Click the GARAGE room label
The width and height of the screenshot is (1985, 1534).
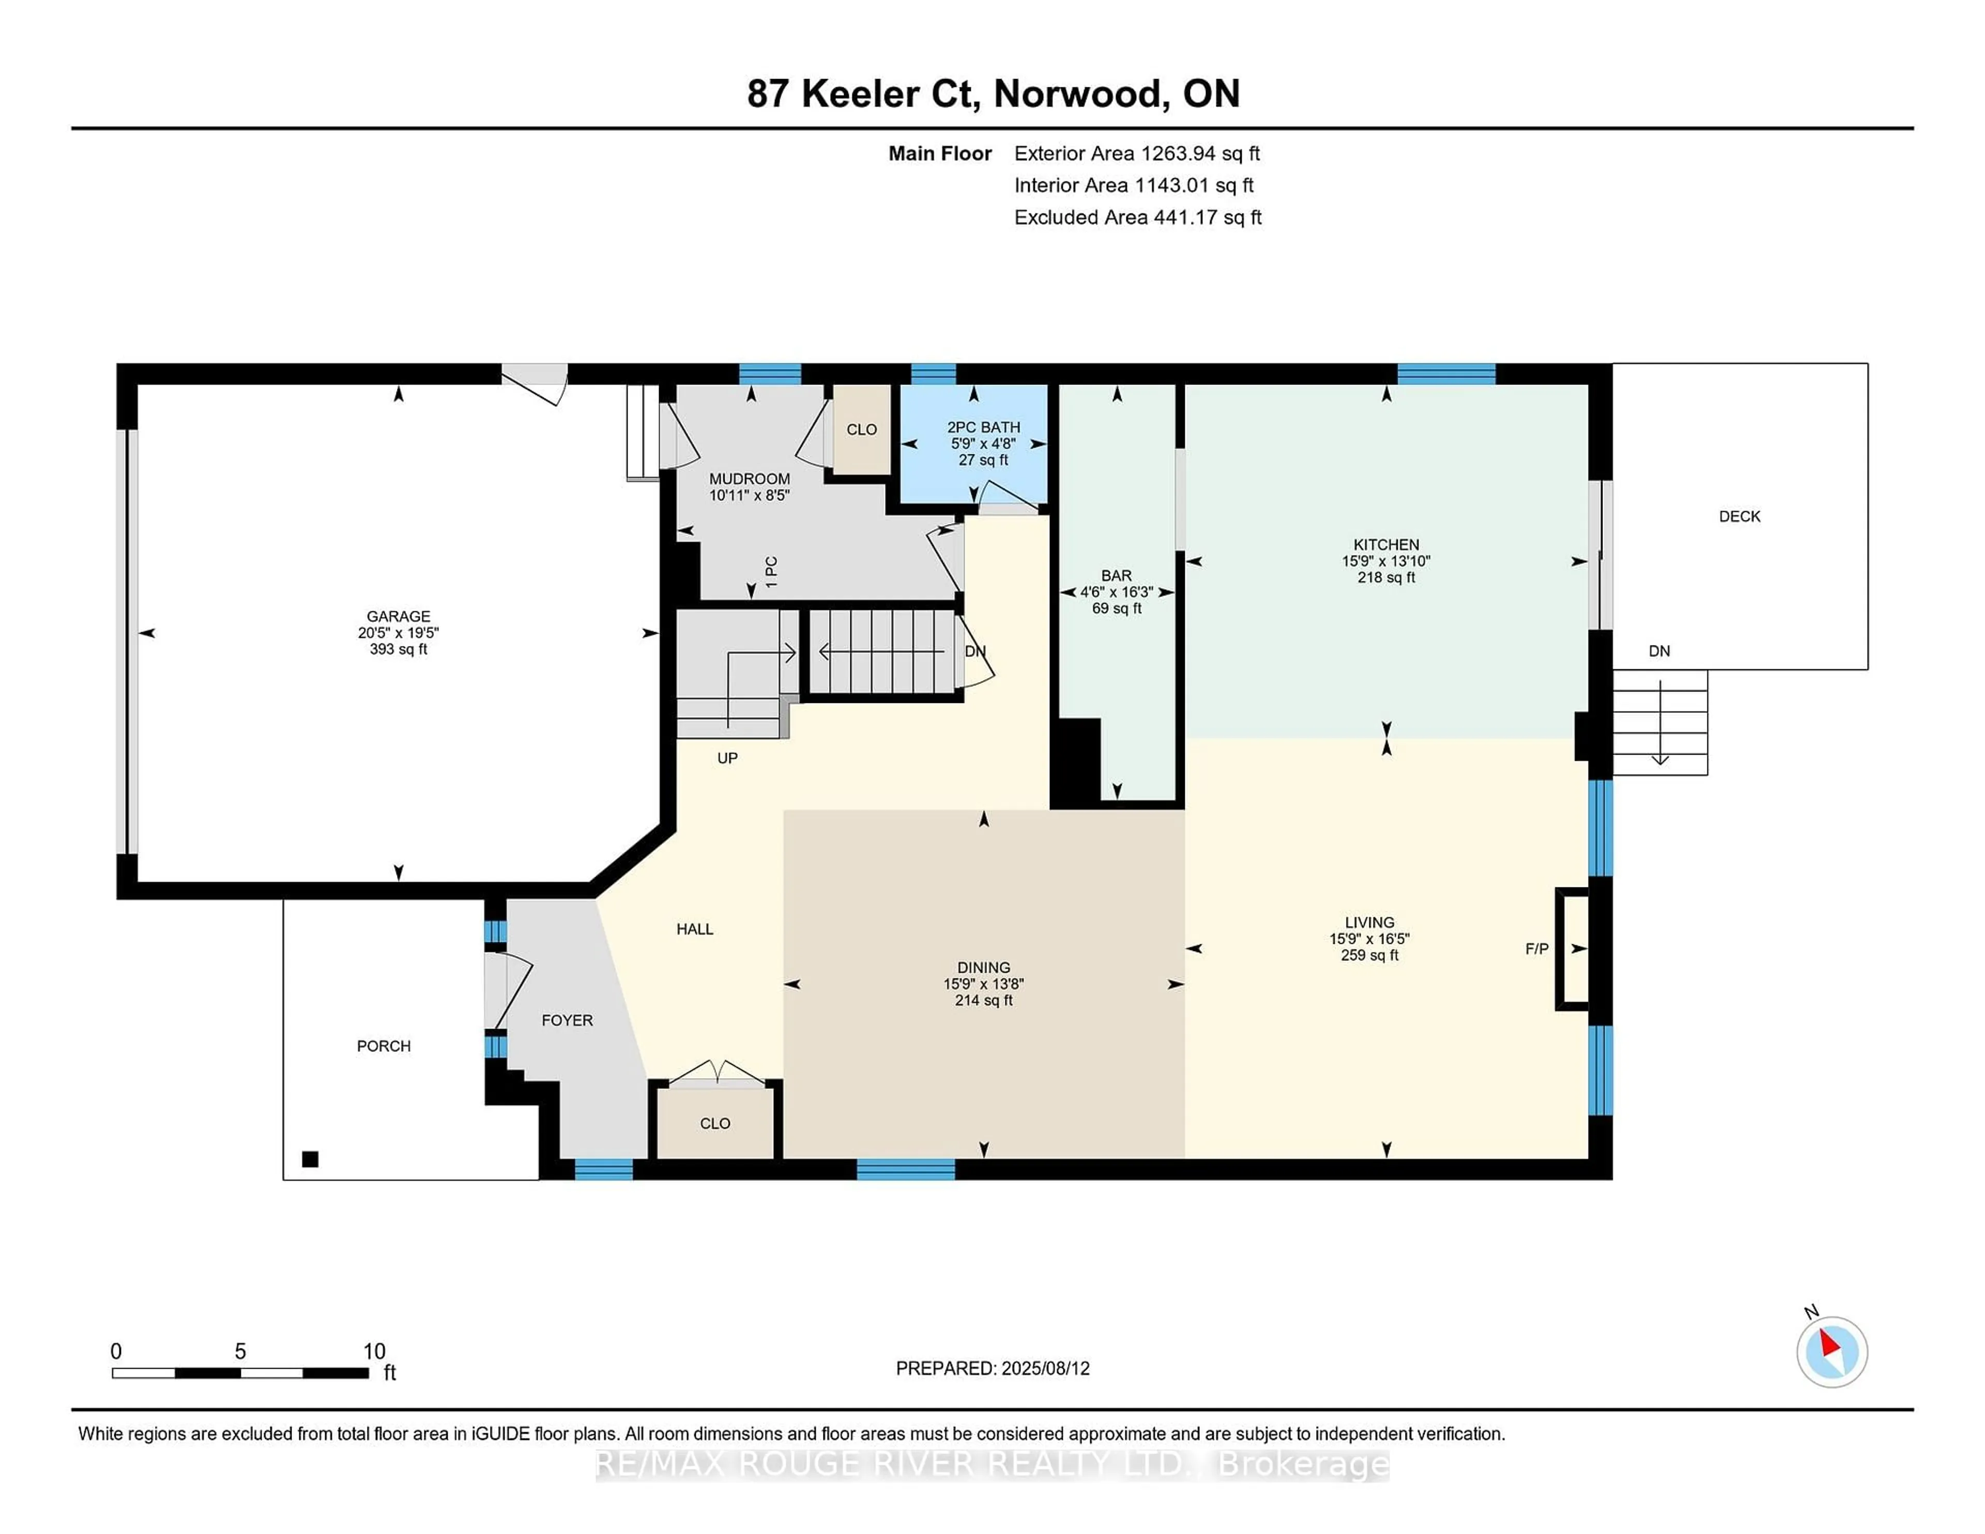398,616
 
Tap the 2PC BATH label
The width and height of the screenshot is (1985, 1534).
983,427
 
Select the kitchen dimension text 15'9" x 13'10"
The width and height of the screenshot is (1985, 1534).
1385,561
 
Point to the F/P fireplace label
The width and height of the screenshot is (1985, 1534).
1536,949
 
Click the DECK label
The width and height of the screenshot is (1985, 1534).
1739,516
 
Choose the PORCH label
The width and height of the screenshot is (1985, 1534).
384,1046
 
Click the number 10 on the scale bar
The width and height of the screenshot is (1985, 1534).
374,1352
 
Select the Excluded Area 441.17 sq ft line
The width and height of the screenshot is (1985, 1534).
1137,217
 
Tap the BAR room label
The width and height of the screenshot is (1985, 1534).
1116,575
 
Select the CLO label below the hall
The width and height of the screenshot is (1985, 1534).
714,1123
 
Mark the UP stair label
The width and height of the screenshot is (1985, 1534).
727,758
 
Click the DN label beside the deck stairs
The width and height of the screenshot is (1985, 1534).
1659,651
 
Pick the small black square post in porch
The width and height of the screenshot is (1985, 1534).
310,1159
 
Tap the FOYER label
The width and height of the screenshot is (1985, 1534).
567,1021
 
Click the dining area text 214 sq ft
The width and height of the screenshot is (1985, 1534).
983,1001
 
